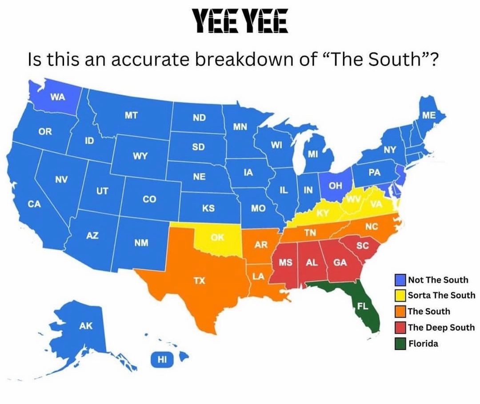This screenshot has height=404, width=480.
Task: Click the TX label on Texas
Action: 199,280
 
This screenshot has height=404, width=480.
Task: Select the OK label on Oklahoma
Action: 217,238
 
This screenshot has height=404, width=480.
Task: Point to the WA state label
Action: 56,97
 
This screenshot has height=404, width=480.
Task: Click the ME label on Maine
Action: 429,115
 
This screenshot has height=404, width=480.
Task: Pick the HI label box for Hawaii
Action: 161,360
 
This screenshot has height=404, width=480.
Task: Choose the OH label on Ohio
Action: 336,185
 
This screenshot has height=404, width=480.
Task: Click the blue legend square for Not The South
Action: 400,280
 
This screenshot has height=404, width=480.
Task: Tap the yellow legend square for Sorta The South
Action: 400,295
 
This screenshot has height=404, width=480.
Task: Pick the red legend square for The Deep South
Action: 400,328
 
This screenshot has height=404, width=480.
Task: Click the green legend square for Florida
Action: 400,344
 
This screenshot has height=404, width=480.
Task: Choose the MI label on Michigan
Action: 313,154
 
